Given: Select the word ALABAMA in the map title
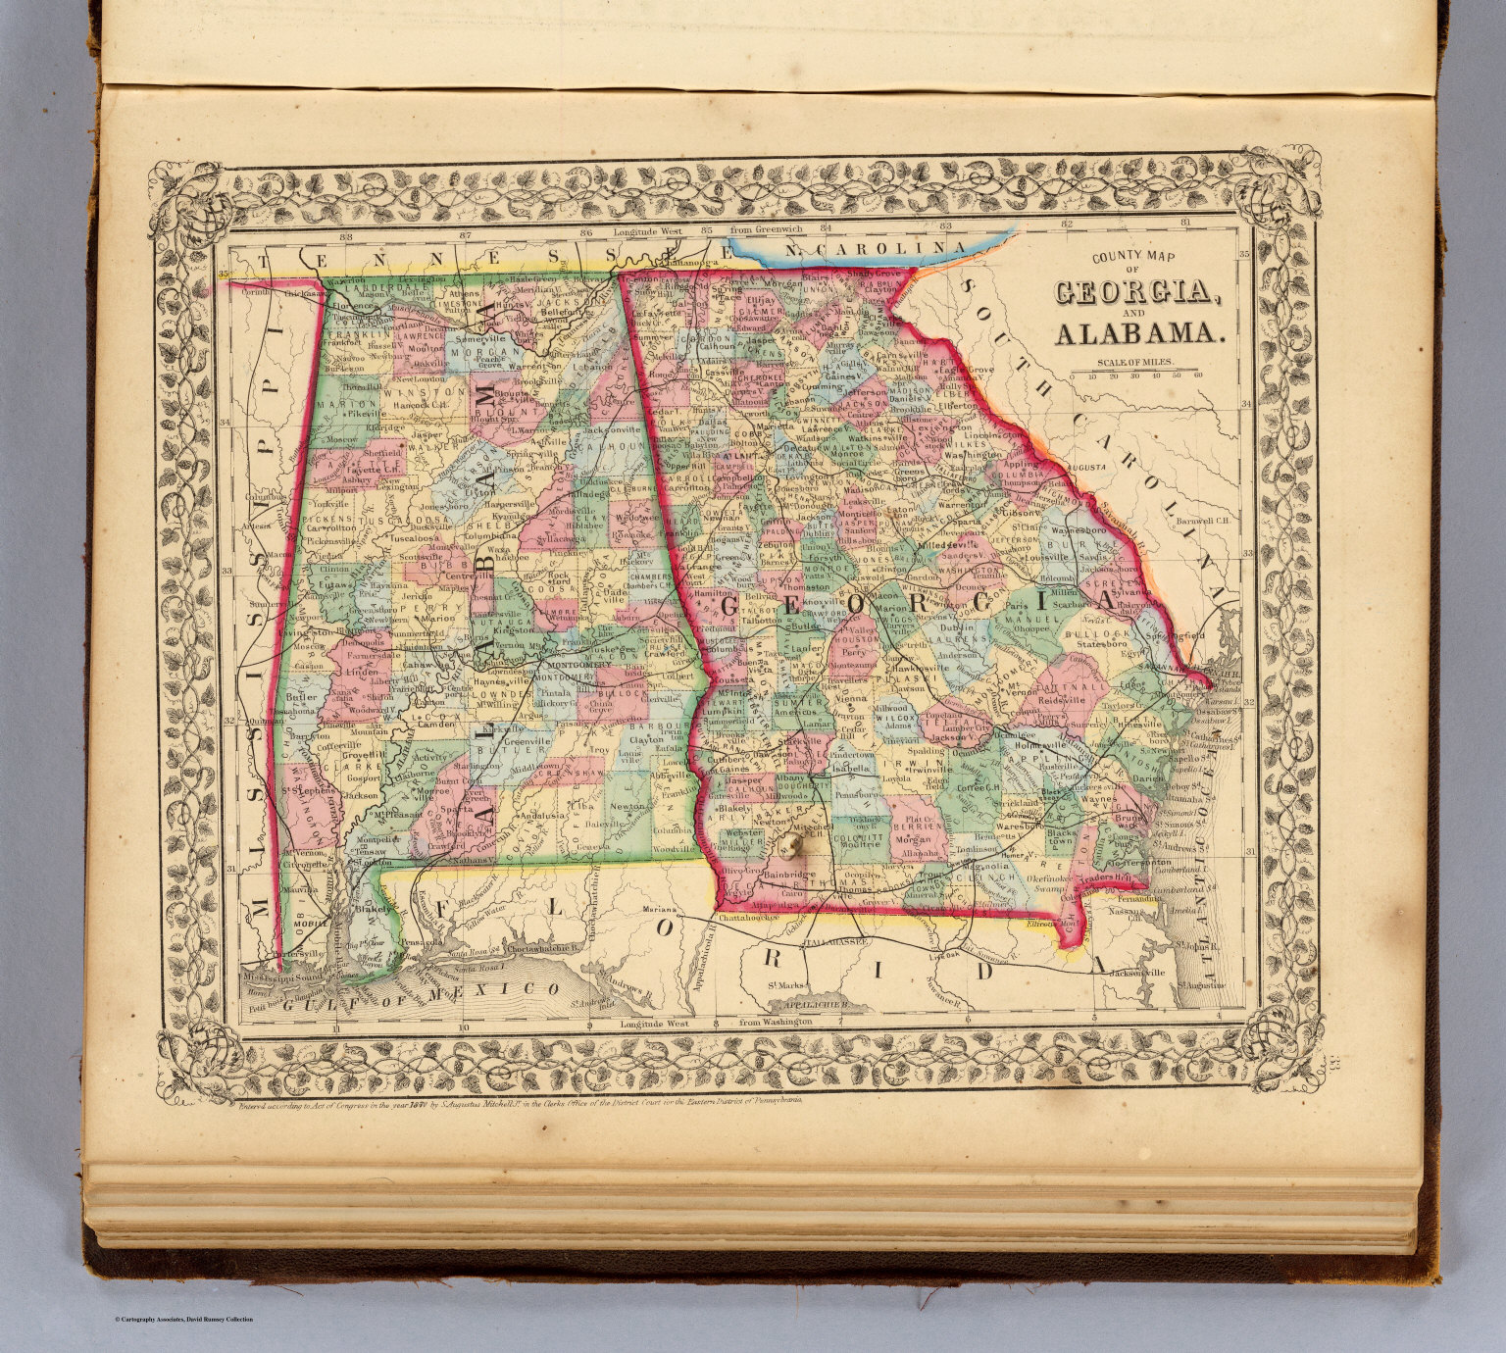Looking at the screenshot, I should pyautogui.click(x=1138, y=335).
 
